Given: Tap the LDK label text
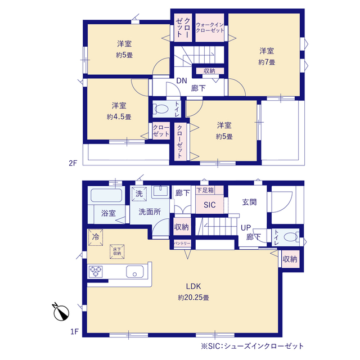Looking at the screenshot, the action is tap(193, 286).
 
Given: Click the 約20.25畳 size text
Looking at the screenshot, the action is tap(193, 298).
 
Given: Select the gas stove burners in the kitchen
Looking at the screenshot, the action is tap(96, 272).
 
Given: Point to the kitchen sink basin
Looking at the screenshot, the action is tap(135, 272).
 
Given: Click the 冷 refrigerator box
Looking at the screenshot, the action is tap(96, 237).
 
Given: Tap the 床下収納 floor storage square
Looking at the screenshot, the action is tap(117, 251).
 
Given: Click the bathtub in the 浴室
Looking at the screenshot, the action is tap(106, 195).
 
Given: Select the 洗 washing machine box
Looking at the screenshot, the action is tap(139, 193).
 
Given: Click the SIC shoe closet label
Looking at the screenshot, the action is tap(210, 205).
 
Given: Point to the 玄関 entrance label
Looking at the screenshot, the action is tap(249, 202).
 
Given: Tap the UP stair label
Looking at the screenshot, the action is tap(246, 228).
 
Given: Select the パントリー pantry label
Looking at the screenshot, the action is tap(182, 243).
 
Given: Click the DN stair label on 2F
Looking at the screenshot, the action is tap(181, 80).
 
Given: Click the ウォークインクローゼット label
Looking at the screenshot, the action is tap(210, 28).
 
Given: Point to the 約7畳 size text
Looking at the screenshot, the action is tap(267, 62).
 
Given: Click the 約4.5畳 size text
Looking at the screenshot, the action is tap(119, 117).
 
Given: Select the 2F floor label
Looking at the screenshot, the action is tap(73, 163).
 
